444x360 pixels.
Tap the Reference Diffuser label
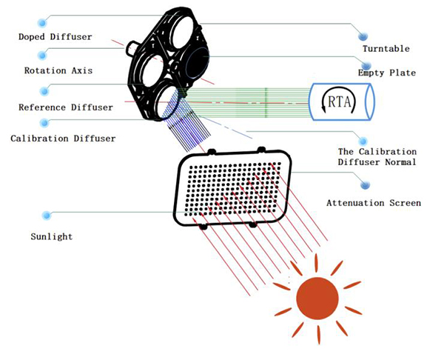pyautogui.click(x=65, y=107)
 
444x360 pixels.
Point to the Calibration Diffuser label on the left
pyautogui.click(x=63, y=138)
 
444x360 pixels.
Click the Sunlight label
pyautogui.click(x=50, y=237)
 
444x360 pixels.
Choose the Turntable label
pyautogui.click(x=386, y=48)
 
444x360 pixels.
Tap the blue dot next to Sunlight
pyautogui.click(x=46, y=216)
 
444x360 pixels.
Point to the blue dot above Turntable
pyautogui.click(x=363, y=35)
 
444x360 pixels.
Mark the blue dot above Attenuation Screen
pyautogui.click(x=363, y=184)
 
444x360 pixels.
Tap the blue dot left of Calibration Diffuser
pyautogui.click(x=46, y=121)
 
